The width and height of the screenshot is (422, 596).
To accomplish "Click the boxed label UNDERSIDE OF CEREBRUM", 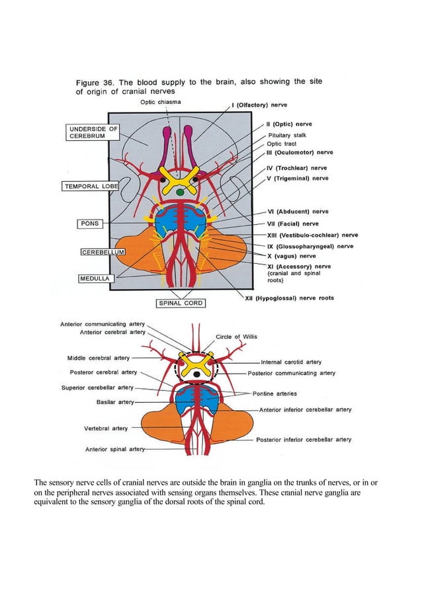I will [x=93, y=132].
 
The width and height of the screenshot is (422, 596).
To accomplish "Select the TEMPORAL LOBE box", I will [x=91, y=187].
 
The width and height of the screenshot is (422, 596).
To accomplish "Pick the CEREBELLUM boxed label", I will [x=103, y=252].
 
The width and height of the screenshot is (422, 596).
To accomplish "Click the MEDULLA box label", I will [x=96, y=278].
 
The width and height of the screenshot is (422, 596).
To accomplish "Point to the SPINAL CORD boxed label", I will [x=181, y=303].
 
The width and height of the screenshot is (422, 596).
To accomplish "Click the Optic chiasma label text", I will [x=160, y=102].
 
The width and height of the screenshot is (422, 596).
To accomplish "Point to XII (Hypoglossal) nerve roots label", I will [x=289, y=298].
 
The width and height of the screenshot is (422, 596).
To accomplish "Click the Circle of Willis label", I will [x=236, y=337].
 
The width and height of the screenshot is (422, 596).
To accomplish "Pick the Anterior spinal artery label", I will [x=115, y=449].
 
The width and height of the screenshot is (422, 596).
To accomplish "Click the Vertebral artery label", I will [x=106, y=428].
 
